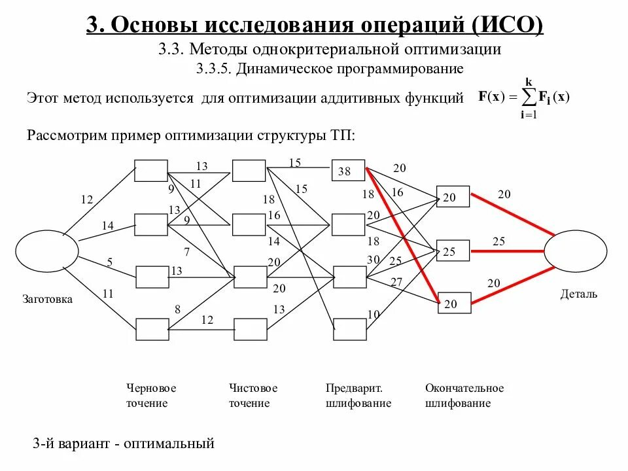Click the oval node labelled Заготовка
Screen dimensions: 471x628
[46, 254]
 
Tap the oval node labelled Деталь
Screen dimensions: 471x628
[576, 253]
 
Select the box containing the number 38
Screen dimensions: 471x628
[347, 171]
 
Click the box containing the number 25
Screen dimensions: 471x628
[453, 251]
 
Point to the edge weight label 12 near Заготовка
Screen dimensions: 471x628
[87, 200]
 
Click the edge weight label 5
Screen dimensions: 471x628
[109, 262]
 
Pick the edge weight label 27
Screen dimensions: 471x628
[396, 282]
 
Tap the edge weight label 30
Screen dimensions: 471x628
[374, 259]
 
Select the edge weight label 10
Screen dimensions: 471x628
[374, 315]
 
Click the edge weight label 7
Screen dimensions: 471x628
[186, 252]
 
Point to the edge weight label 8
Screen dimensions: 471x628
[177, 309]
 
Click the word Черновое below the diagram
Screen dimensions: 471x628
[151, 388]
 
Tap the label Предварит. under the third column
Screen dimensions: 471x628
[354, 388]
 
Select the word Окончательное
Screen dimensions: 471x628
[464, 388]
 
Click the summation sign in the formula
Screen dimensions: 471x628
[527, 98]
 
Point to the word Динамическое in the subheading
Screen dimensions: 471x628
[279, 68]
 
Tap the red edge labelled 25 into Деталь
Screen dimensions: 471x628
[508, 251]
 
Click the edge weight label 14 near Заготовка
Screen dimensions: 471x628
[107, 226]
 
